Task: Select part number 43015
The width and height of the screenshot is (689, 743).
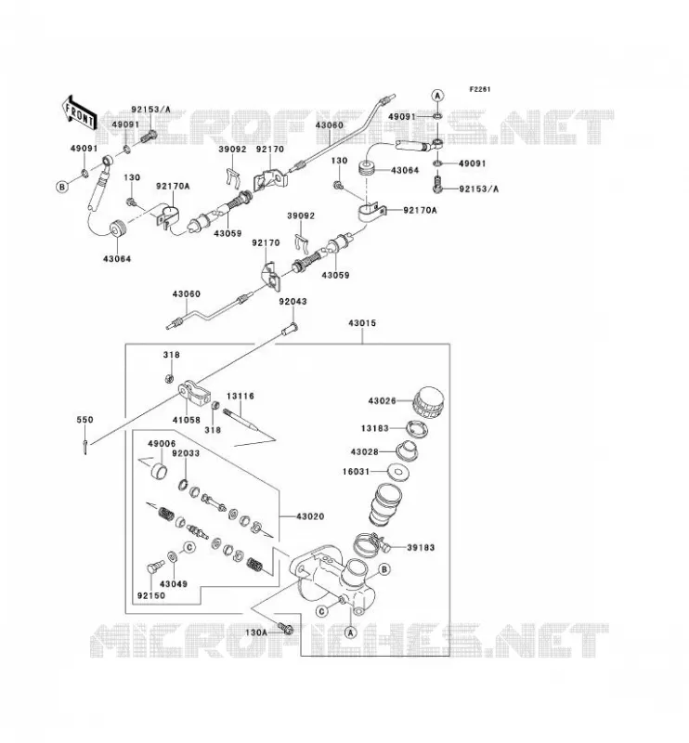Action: pos(362,323)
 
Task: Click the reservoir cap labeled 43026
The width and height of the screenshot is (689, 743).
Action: pos(429,403)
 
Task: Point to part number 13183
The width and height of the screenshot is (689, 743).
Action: pos(375,428)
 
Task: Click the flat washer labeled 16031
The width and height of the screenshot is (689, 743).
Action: pos(398,472)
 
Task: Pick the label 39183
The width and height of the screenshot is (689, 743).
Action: pos(421,548)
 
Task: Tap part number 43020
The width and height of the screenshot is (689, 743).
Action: pos(310,516)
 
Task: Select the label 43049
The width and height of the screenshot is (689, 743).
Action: pos(174,584)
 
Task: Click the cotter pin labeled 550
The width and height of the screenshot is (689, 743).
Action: pos(84,447)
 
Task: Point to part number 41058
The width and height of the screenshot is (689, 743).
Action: pos(187,420)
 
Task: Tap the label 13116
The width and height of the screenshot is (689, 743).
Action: pos(240,396)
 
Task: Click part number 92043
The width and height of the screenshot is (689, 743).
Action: pos(292,301)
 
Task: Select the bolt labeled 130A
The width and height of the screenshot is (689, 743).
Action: pos(286,629)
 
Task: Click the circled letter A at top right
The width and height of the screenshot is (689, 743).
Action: pos(437,96)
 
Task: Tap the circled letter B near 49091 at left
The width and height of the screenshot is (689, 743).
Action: pos(62,188)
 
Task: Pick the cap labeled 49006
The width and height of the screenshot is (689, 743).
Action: pos(159,472)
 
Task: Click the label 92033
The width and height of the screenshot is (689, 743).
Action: pos(186,453)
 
